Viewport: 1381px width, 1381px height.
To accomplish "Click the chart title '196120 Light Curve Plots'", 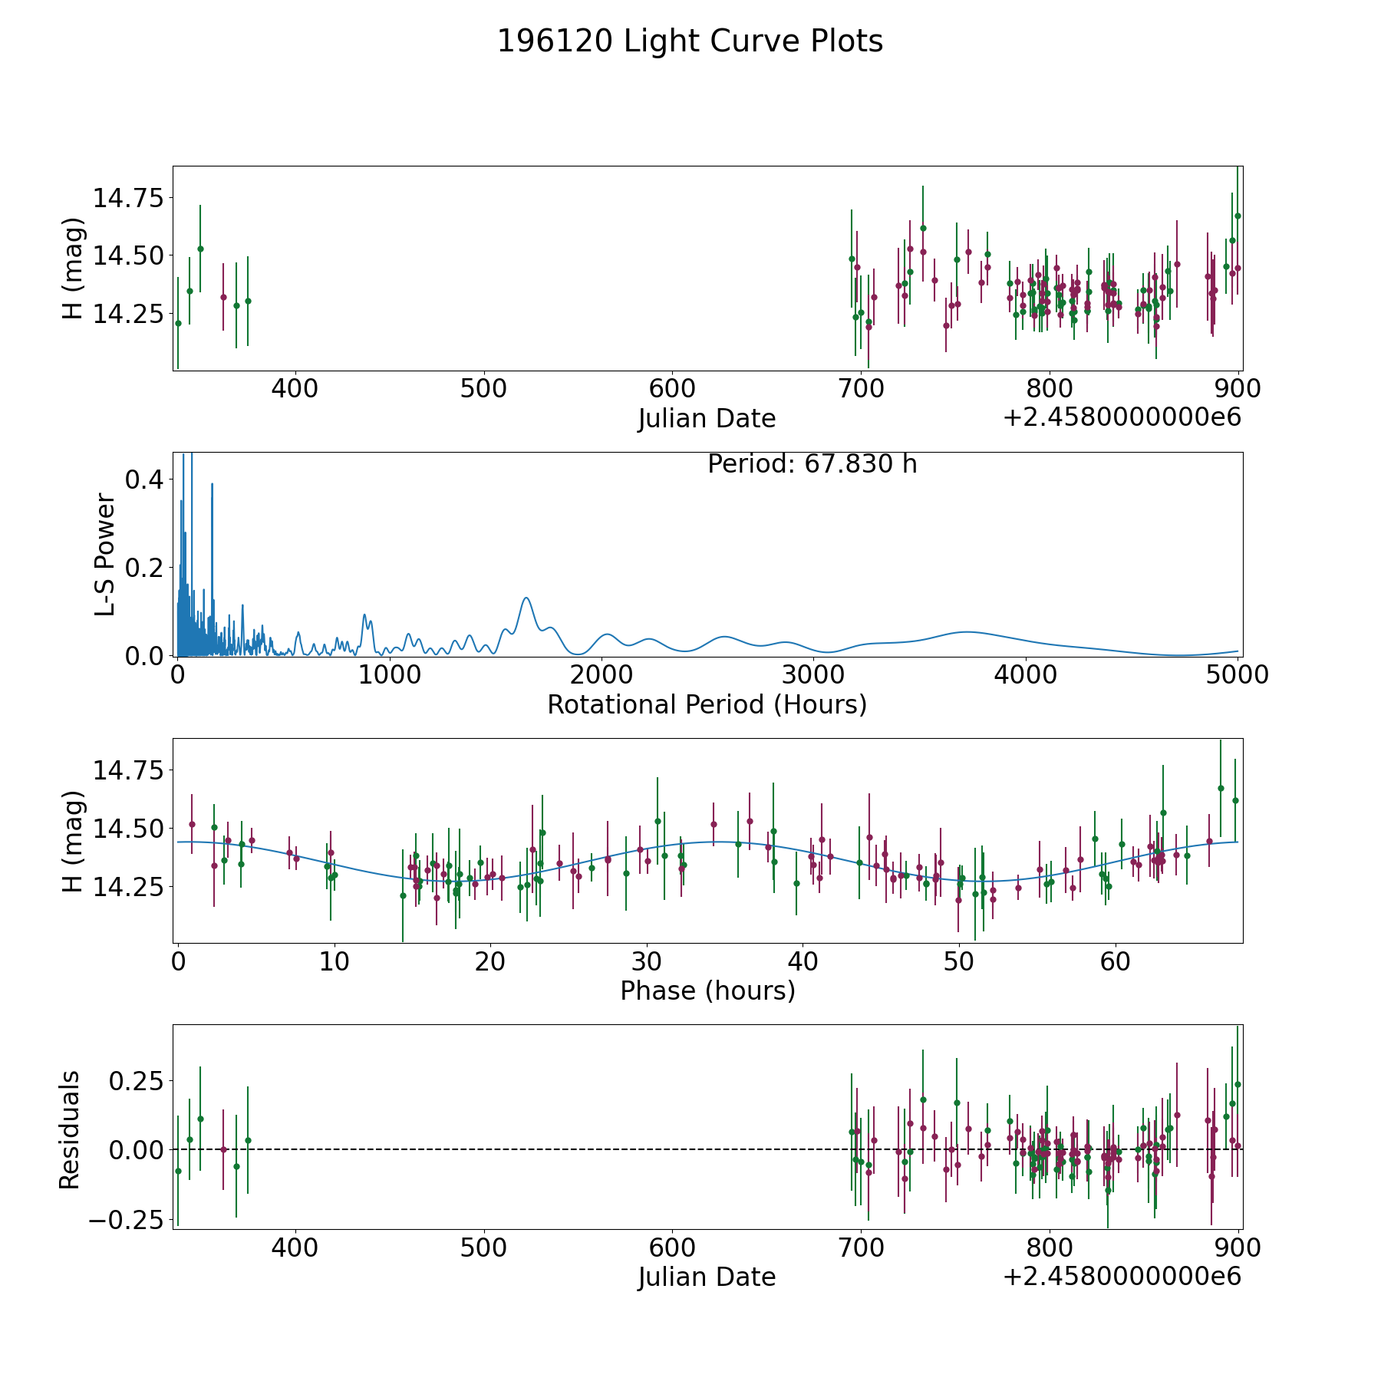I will pyautogui.click(x=690, y=41).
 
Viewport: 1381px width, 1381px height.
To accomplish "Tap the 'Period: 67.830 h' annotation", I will pyautogui.click(x=812, y=464).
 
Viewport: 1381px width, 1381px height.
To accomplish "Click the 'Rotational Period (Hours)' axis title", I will pyautogui.click(x=707, y=704).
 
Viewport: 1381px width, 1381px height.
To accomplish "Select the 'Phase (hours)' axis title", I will pyautogui.click(x=707, y=990).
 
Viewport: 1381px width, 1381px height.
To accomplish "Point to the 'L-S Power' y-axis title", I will pyautogui.click(x=105, y=554).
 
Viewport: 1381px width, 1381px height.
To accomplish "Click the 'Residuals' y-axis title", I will pyautogui.click(x=70, y=1129).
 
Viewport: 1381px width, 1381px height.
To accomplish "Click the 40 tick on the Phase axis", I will pyautogui.click(x=803, y=961).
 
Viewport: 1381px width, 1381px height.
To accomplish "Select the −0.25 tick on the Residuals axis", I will pyautogui.click(x=126, y=1220).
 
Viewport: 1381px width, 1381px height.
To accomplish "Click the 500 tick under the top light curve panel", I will pyautogui.click(x=483, y=389).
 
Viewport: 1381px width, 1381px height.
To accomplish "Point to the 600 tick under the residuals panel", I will pyautogui.click(x=672, y=1248).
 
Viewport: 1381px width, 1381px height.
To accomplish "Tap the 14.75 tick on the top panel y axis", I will pyautogui.click(x=128, y=198).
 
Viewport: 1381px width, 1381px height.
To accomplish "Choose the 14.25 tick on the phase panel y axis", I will pyautogui.click(x=128, y=886).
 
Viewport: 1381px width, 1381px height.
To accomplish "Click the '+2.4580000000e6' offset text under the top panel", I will pyautogui.click(x=1122, y=417).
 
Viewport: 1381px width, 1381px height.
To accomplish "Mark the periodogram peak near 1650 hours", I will pyautogui.click(x=526, y=598).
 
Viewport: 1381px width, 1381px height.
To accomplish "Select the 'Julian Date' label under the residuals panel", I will pyautogui.click(x=707, y=1277).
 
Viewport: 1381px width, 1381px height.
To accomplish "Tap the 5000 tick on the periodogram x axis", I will pyautogui.click(x=1238, y=675).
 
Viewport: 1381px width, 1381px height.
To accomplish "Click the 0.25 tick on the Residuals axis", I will pyautogui.click(x=135, y=1081).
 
